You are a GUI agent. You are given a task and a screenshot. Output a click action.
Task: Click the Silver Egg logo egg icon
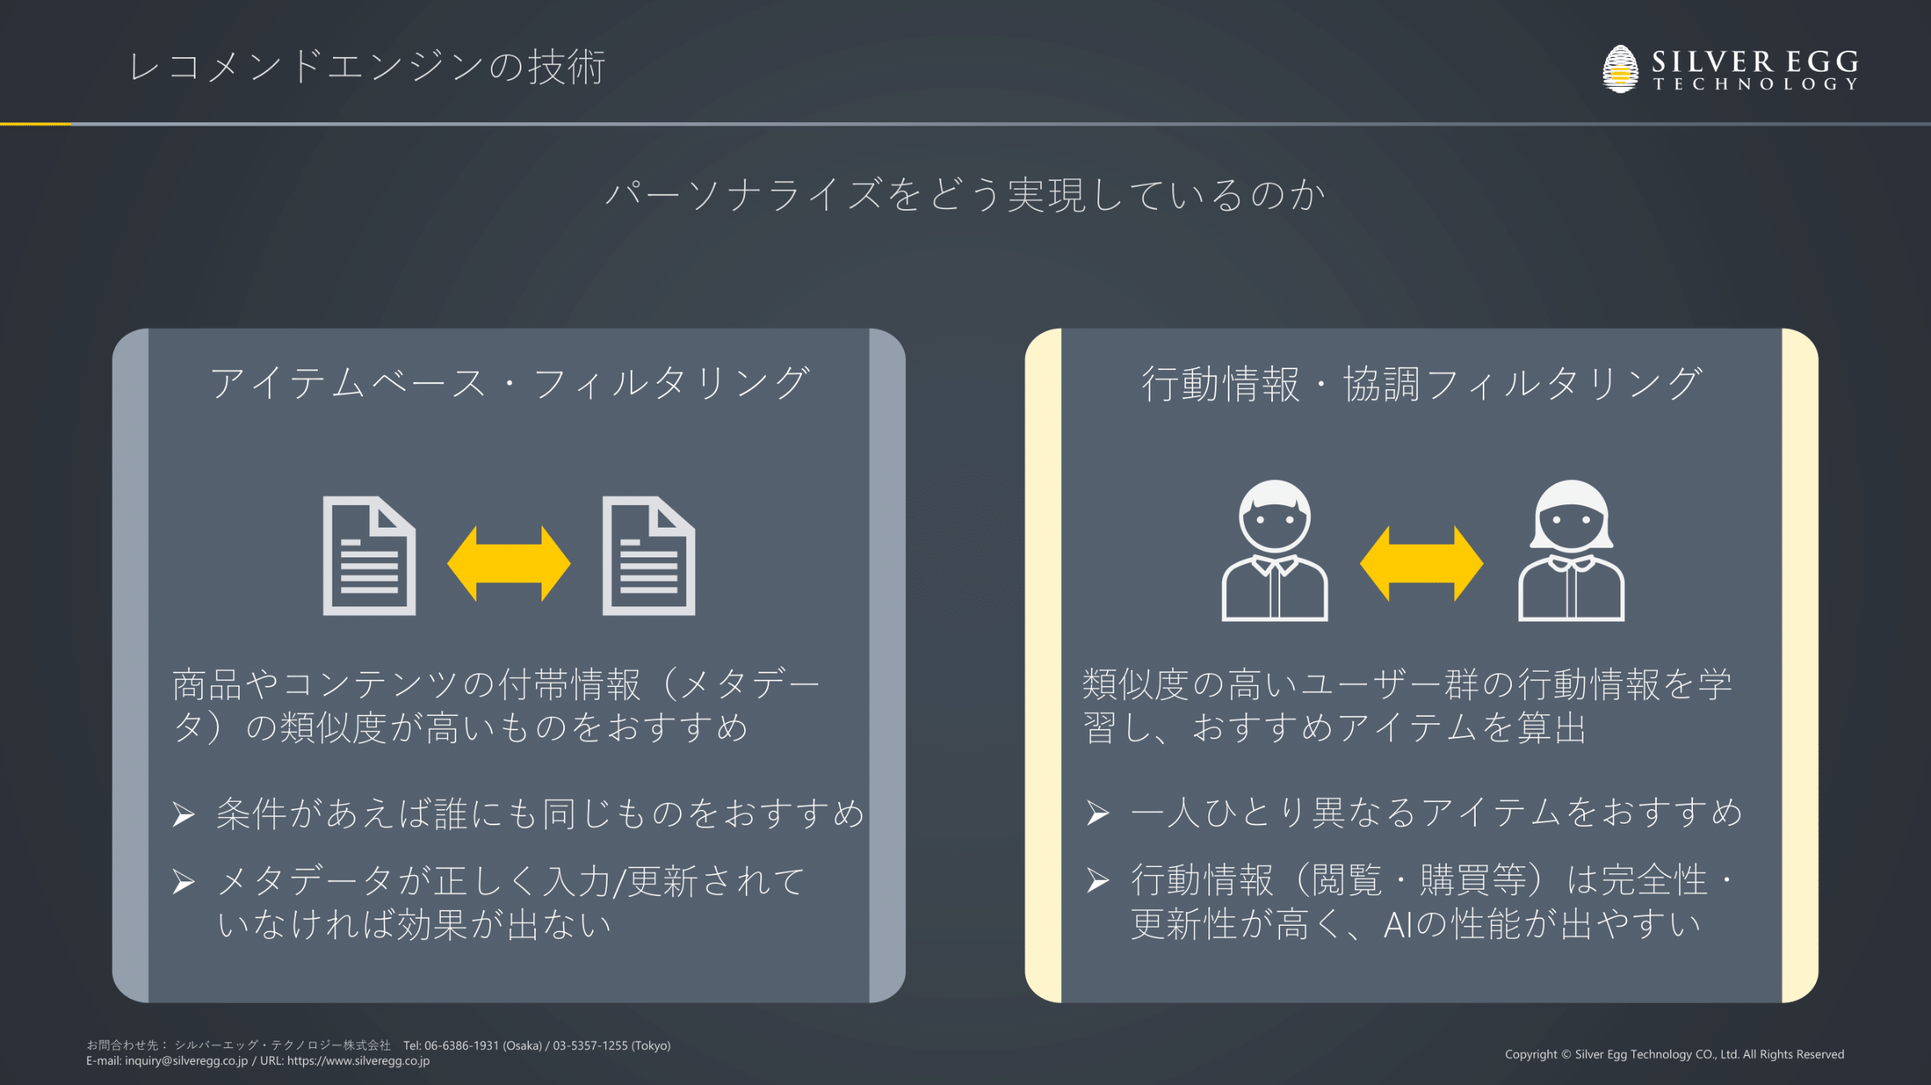tap(1620, 69)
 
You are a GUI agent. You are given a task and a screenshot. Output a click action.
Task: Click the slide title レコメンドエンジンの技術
tap(367, 67)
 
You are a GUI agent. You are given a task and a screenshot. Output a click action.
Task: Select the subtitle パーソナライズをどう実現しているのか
tap(965, 195)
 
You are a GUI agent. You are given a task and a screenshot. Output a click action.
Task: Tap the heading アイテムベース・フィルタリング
tap(509, 383)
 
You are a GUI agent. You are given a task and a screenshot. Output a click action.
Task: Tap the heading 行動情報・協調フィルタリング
tap(1422, 384)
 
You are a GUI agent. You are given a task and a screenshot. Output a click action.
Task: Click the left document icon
tap(369, 556)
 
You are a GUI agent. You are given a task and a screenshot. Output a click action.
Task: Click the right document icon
tap(648, 556)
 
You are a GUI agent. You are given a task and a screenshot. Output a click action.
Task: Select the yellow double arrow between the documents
tap(508, 564)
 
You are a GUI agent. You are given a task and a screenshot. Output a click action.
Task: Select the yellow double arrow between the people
tap(1421, 564)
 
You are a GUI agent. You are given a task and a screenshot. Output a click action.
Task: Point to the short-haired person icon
tap(1274, 552)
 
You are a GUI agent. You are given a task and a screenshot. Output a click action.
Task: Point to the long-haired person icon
tap(1571, 552)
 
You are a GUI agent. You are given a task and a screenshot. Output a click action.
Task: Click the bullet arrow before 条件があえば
tap(184, 815)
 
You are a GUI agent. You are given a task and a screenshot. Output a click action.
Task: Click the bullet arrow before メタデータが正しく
tap(184, 882)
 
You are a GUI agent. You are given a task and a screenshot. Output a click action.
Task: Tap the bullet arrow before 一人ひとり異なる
tap(1097, 813)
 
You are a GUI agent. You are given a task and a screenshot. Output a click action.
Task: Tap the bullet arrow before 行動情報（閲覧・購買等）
tap(1097, 881)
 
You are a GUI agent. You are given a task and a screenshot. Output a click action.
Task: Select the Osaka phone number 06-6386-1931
tap(463, 1046)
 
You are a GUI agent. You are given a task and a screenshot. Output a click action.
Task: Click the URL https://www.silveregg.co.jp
tap(358, 1061)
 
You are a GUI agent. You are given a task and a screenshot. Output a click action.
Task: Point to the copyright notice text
tap(1674, 1054)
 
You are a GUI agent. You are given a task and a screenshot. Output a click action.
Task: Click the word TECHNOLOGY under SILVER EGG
tap(1755, 84)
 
